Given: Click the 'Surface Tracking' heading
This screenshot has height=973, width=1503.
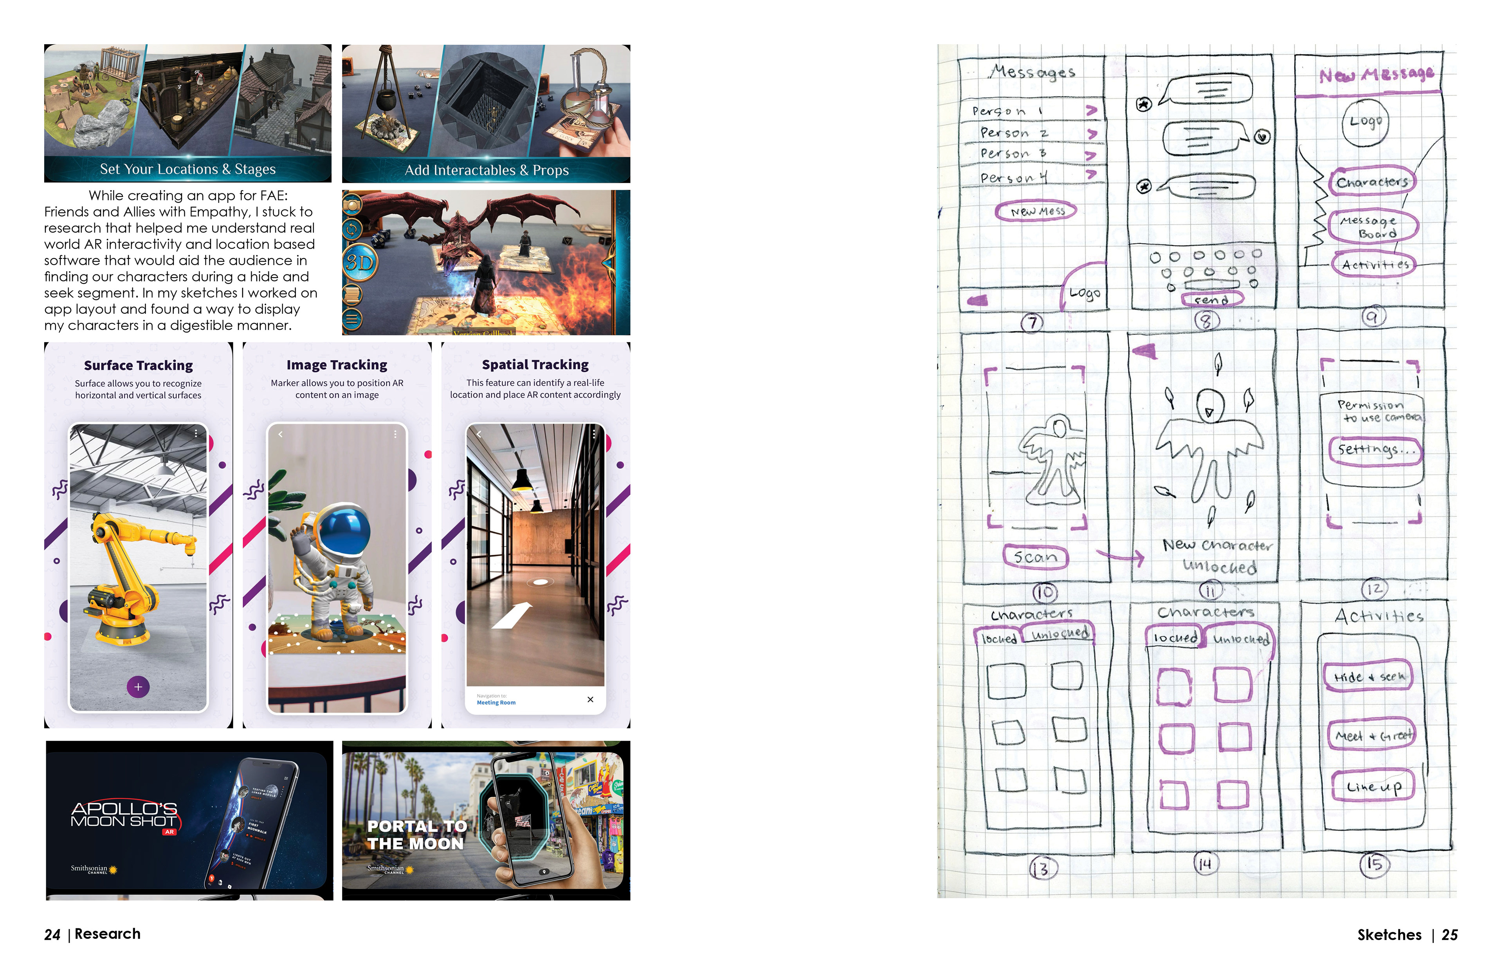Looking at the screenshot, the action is [138, 365].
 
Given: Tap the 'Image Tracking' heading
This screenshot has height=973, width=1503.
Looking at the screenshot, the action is [337, 365].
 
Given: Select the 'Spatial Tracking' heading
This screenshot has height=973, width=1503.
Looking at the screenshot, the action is [535, 365].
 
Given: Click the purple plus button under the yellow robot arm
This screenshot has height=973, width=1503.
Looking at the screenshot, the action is [138, 687].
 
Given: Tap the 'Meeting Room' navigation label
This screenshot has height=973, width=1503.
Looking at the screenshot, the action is [496, 702].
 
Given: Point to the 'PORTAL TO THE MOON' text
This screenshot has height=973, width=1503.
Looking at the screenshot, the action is [417, 835].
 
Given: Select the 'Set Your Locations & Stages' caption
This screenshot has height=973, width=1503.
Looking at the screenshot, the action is [187, 169].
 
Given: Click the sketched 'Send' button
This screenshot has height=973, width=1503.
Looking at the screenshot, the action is [1211, 300].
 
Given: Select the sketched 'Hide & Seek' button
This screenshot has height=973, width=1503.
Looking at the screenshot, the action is [1368, 677].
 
